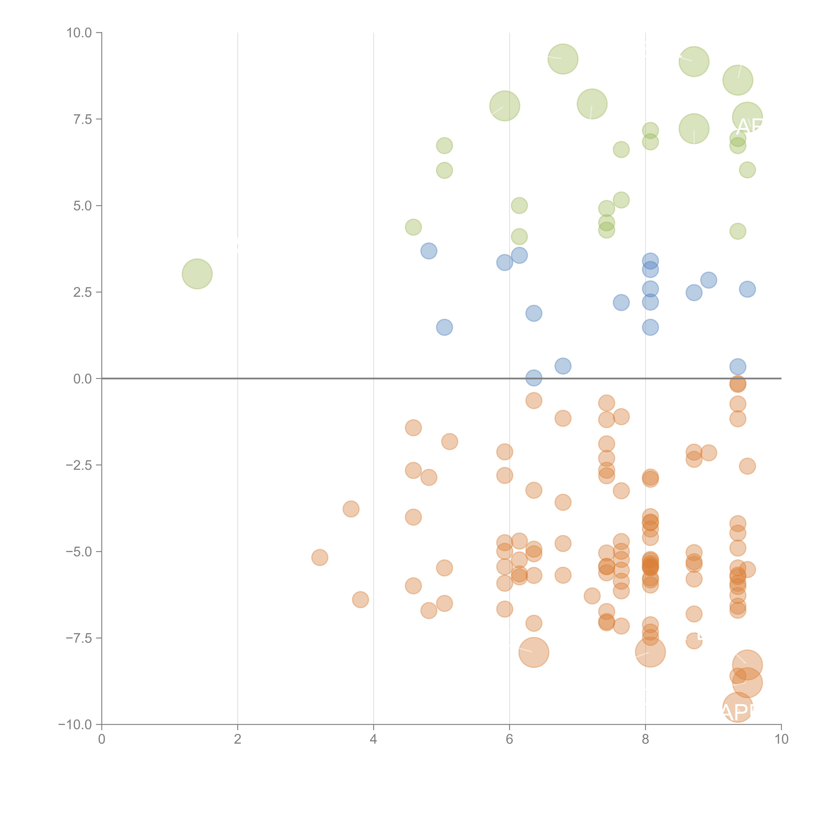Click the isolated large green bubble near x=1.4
197,274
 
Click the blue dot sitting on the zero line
534,378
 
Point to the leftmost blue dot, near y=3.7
429,251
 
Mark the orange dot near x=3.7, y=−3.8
351,509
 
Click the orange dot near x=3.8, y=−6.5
360,600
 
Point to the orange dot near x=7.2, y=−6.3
592,596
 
